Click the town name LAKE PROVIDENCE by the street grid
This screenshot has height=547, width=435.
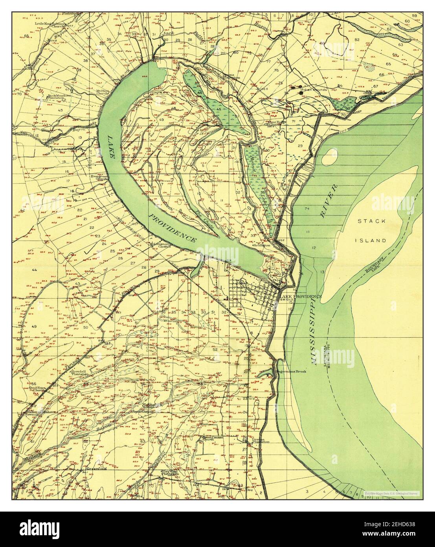point(300,296)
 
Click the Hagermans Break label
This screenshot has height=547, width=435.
point(292,371)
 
